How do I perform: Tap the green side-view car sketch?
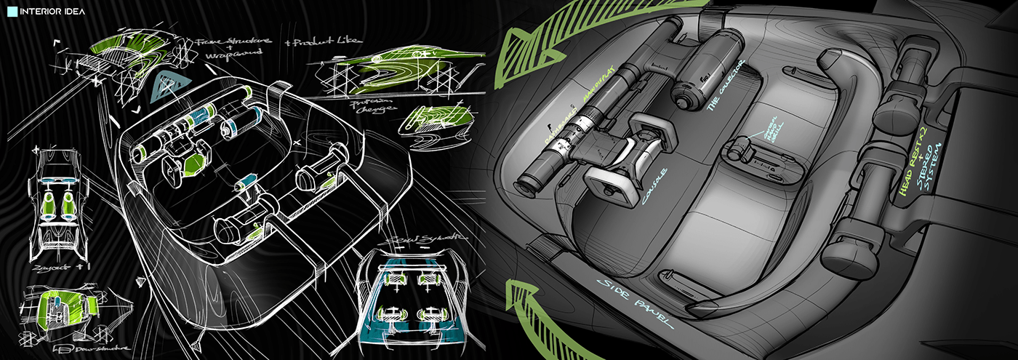tap(396, 69)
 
